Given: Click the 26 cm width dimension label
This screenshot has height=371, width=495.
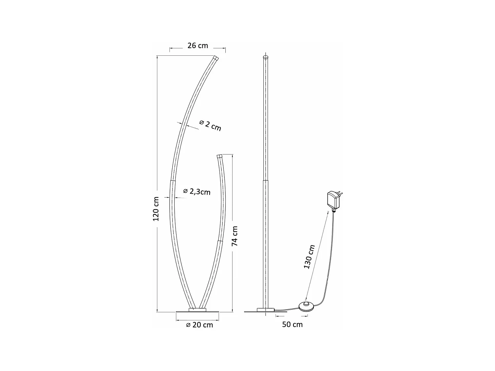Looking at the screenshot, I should pyautogui.click(x=198, y=46).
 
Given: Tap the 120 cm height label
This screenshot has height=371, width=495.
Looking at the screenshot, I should pyautogui.click(x=156, y=209).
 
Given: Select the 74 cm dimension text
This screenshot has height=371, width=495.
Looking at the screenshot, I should pyautogui.click(x=235, y=236).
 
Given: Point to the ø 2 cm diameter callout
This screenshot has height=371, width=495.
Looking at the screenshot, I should pyautogui.click(x=210, y=125).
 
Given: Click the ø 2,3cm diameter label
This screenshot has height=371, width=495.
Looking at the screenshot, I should pyautogui.click(x=197, y=192).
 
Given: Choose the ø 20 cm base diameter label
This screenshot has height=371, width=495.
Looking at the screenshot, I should pyautogui.click(x=199, y=325).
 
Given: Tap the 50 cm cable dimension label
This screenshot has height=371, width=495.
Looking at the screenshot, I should pyautogui.click(x=292, y=325).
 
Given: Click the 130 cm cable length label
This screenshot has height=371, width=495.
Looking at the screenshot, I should pyautogui.click(x=310, y=257).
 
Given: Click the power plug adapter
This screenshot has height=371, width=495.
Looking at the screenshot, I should pyautogui.click(x=333, y=200).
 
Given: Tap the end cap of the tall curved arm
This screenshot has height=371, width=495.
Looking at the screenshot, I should pyautogui.click(x=216, y=58).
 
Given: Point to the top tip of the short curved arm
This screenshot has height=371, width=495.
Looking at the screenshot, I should pyautogui.click(x=220, y=155).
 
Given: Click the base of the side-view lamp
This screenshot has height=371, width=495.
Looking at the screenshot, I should pyautogui.click(x=266, y=310).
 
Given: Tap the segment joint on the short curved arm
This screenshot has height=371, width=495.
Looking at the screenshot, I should pyautogui.click(x=219, y=241).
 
